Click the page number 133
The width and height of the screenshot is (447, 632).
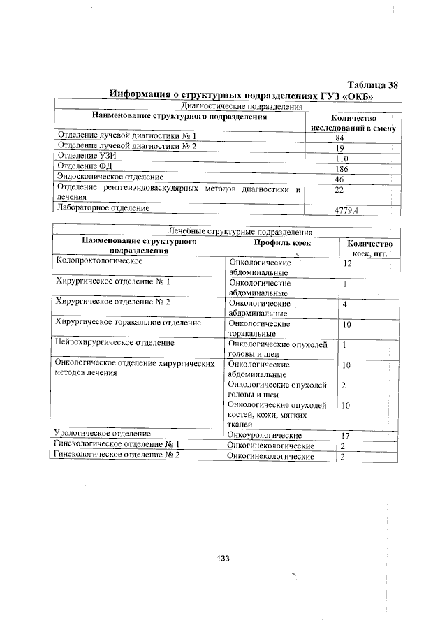coord(223,558)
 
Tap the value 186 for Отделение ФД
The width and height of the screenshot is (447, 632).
coord(342,169)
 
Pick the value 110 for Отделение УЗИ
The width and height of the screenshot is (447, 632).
coord(341,159)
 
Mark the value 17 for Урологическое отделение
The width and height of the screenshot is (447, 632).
coord(345,435)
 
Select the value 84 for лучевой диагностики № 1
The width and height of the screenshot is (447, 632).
coord(340,138)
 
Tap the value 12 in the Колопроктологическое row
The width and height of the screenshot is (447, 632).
coord(346,264)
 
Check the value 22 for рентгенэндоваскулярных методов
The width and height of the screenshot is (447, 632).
coord(340,190)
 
